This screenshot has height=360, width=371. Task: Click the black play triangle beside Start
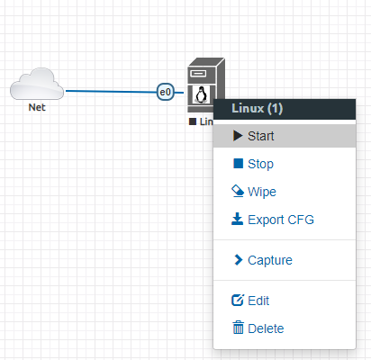238,136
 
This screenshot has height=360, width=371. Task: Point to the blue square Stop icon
239,164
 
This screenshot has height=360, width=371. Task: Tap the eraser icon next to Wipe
238,191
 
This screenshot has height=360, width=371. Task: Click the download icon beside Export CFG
238,219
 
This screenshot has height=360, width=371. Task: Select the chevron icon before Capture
238,260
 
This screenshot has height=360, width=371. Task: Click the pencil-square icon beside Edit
238,300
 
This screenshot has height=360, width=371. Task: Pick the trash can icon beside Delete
239,328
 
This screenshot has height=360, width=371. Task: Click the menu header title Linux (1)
258,108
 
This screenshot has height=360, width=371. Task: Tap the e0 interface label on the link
166,92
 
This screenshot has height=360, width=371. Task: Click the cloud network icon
37,84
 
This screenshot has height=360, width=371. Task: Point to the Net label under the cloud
37,107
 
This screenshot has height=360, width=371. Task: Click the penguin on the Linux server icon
202,94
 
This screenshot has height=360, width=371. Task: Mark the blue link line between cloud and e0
112,91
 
